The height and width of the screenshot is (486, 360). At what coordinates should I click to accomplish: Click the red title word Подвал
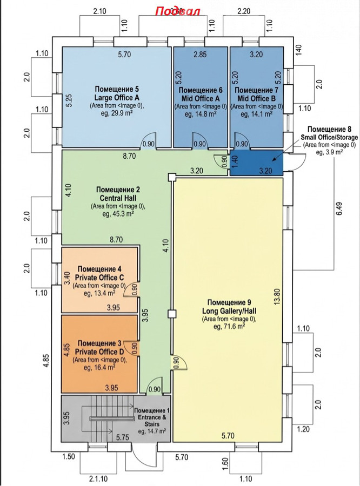[x=178, y=12]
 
